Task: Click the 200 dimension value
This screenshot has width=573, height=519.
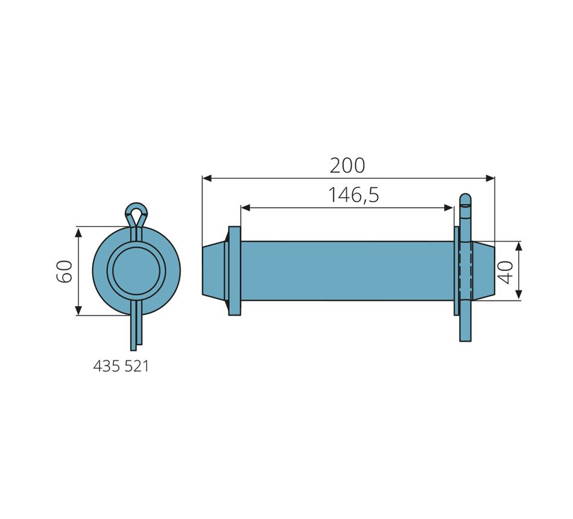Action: pos(347,166)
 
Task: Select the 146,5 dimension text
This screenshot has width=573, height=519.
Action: pos(353,194)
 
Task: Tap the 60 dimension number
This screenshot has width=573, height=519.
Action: pos(65,271)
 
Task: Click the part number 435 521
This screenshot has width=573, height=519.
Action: pos(121,366)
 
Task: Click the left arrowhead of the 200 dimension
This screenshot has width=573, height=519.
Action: pos(207,178)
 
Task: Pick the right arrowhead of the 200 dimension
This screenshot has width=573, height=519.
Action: pos(490,178)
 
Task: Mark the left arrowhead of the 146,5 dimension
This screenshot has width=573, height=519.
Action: pos(245,208)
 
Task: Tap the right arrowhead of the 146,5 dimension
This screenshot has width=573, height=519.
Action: pos(449,208)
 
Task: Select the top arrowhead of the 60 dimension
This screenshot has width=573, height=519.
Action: pos(78,232)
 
